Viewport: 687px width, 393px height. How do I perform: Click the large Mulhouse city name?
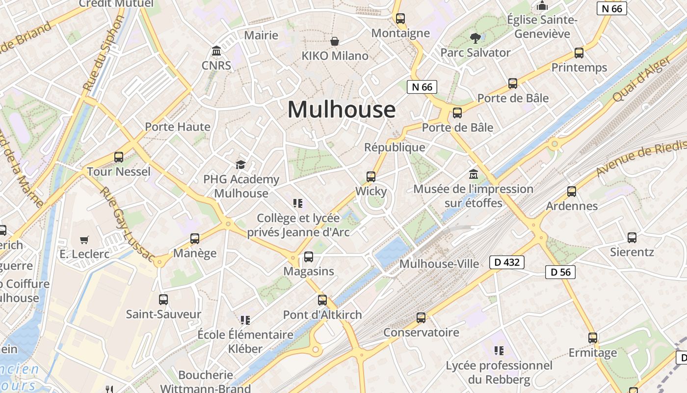[x=341, y=109]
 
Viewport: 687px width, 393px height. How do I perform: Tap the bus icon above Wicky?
[x=371, y=177]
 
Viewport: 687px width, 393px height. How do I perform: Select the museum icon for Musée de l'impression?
[x=474, y=174]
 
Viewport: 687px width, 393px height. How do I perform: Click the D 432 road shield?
[x=507, y=262]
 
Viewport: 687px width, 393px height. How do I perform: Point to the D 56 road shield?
[x=560, y=272]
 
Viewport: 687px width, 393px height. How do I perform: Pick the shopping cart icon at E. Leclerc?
[x=84, y=240]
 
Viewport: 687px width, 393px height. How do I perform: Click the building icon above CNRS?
[x=216, y=51]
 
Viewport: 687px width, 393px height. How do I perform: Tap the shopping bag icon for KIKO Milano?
[x=335, y=41]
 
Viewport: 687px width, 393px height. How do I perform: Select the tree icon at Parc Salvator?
[x=475, y=38]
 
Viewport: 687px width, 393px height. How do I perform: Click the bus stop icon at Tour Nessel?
[x=119, y=157]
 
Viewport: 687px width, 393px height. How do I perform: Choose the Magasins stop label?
[x=309, y=271]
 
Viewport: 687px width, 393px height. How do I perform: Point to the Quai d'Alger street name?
[x=641, y=79]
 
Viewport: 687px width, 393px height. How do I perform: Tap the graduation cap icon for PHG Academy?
[x=240, y=165]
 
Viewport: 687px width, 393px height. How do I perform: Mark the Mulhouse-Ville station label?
[x=439, y=264]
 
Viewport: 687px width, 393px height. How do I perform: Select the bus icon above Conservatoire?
[x=421, y=318]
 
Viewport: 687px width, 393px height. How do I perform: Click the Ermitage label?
[x=592, y=353]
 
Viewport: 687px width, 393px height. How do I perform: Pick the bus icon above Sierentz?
[x=632, y=238]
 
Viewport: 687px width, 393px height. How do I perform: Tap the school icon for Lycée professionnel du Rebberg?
[x=499, y=351]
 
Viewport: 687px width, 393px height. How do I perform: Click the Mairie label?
[x=261, y=35]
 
